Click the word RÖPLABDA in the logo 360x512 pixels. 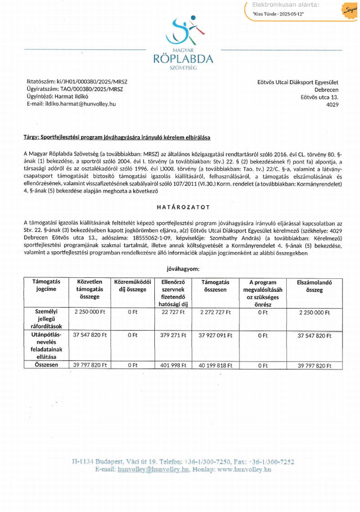183,59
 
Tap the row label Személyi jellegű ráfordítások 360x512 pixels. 45,318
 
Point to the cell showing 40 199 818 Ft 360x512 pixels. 215,365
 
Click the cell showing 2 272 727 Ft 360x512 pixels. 215,312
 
